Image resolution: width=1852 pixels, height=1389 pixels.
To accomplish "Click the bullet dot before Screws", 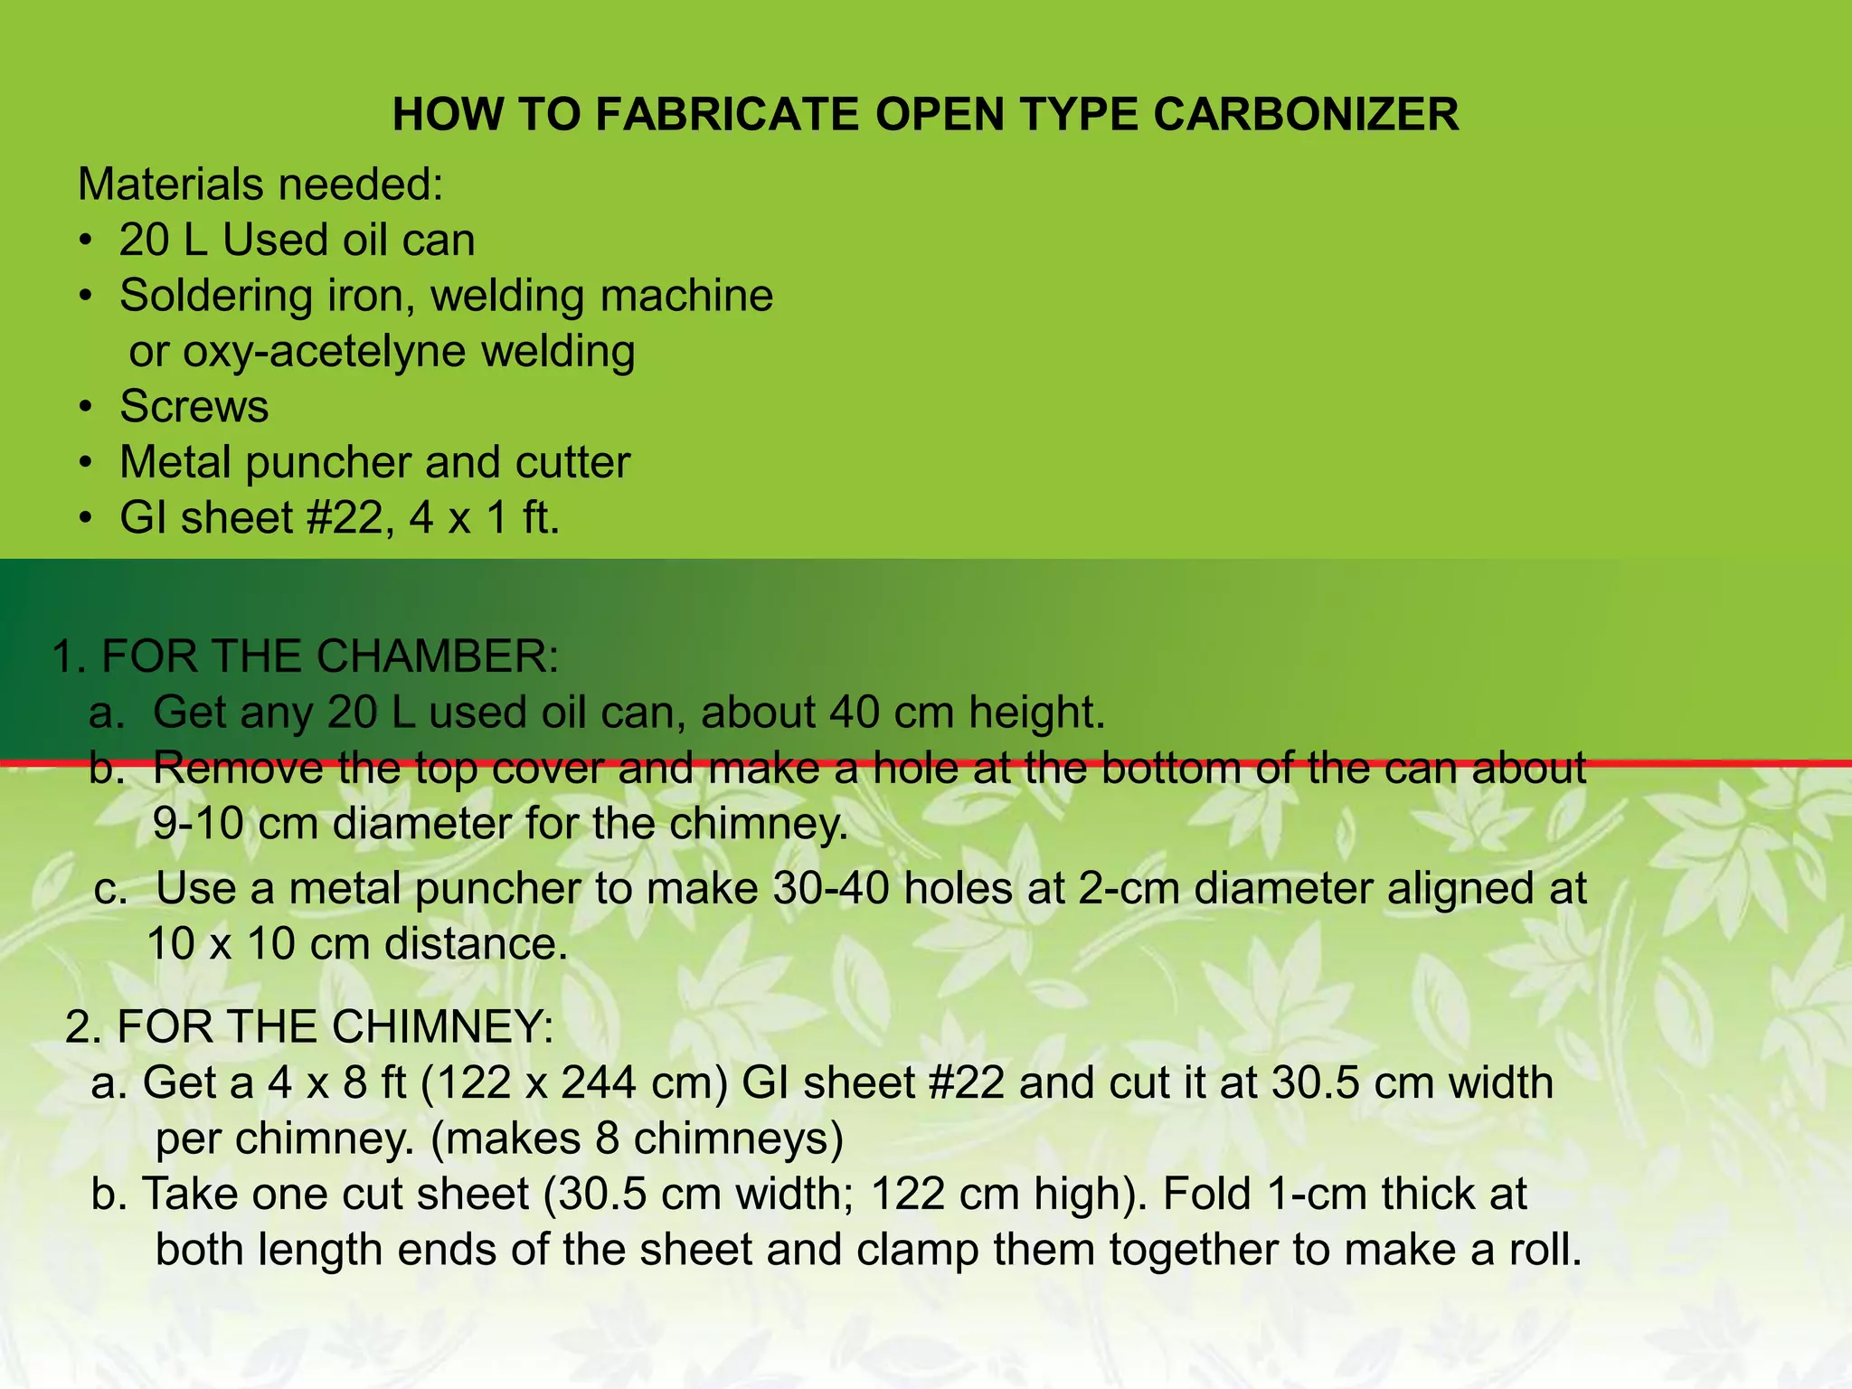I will (x=85, y=408).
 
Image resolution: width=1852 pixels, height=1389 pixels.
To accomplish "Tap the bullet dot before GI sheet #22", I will (x=85, y=519).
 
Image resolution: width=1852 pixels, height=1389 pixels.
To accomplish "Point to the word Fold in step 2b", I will (x=1207, y=1194).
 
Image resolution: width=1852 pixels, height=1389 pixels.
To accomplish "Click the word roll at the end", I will (x=1542, y=1250).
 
